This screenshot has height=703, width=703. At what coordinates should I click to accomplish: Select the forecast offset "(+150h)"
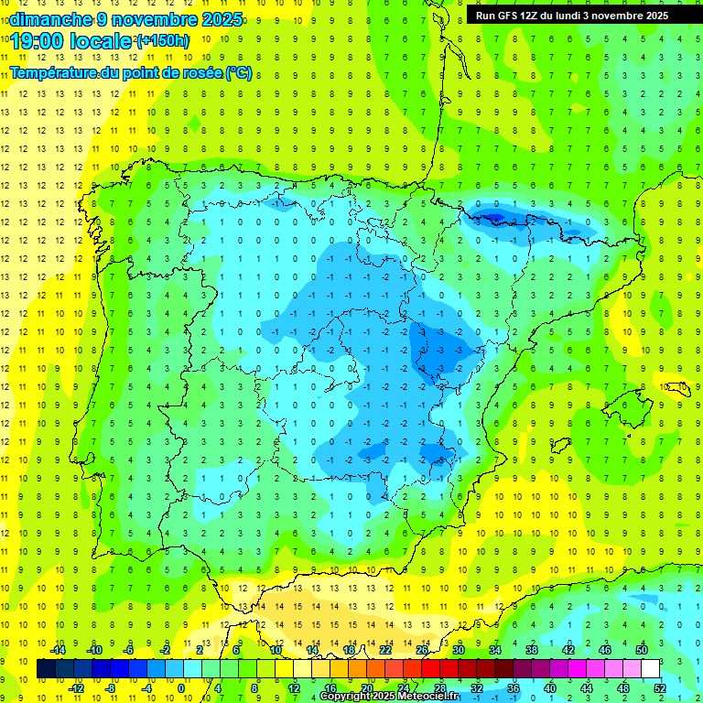pos(162,41)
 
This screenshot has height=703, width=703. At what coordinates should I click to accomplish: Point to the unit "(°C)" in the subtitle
pos(238,72)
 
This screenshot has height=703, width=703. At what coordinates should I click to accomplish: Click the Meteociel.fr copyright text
pos(388,697)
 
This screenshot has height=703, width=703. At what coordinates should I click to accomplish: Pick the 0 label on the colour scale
pos(181,688)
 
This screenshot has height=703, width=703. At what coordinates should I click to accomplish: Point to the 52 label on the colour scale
pos(660,688)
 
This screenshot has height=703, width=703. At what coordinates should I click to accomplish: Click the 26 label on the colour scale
pos(422,650)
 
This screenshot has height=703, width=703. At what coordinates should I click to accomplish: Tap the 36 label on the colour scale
pos(514,688)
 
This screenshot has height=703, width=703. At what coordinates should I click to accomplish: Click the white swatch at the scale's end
pos(651,669)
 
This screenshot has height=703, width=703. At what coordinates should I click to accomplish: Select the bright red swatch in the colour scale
pos(431,669)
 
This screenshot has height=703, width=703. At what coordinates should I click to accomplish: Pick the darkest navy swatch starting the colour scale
pos(47,669)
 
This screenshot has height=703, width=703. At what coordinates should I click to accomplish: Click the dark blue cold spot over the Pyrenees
pos(492,217)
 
